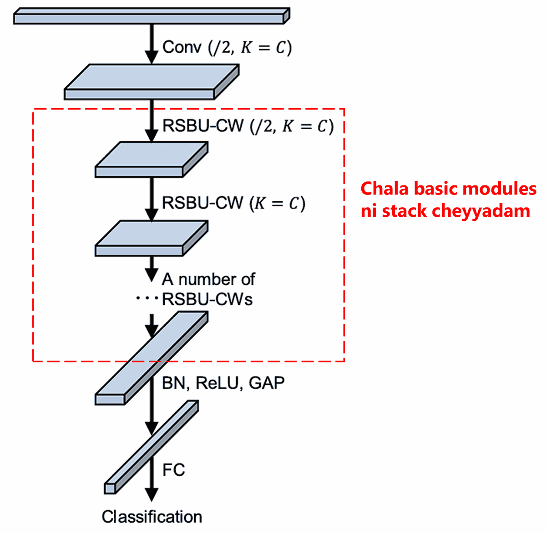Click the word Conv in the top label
pyautogui.click(x=182, y=47)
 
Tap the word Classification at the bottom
pyautogui.click(x=152, y=517)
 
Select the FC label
pyautogui.click(x=173, y=469)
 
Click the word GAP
pyautogui.click(x=267, y=383)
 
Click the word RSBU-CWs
pyautogui.click(x=207, y=299)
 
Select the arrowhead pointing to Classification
pyautogui.click(x=152, y=494)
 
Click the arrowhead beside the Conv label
pyautogui.click(x=152, y=57)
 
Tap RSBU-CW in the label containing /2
pyautogui.click(x=203, y=126)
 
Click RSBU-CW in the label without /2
pyautogui.click(x=203, y=203)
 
